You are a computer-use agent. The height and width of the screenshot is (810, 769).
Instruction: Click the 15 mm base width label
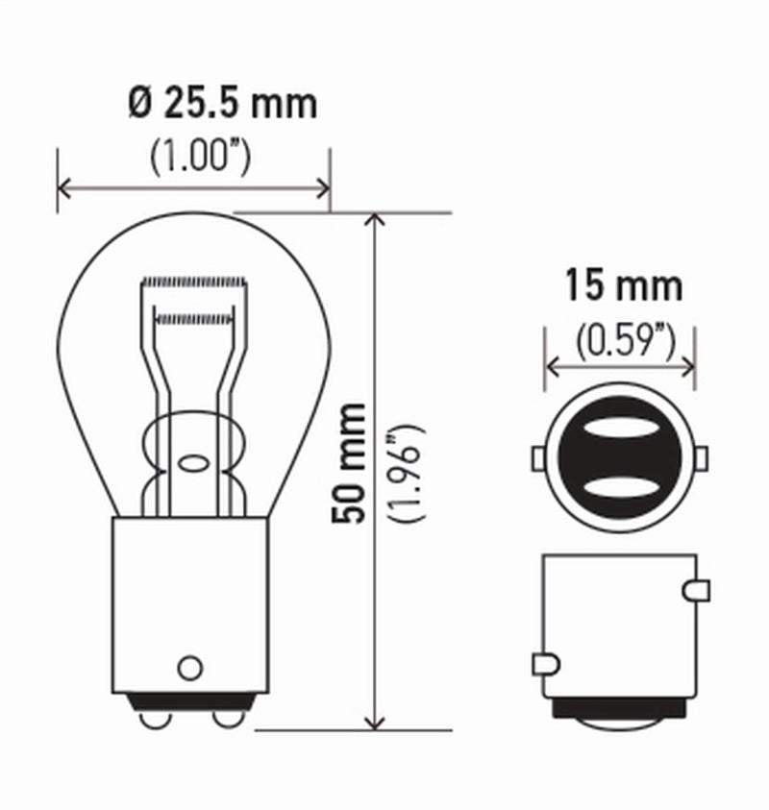coord(623,286)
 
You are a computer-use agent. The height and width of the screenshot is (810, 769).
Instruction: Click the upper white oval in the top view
coord(620,430)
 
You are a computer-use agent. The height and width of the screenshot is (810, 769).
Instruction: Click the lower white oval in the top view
coord(620,490)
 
